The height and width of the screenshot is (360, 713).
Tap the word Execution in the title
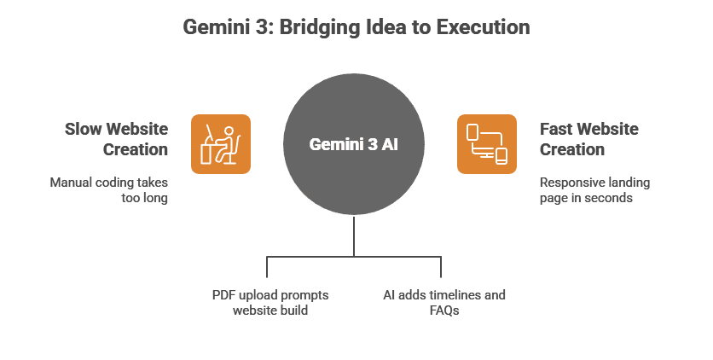click(x=483, y=27)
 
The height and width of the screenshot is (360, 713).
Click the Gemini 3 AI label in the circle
click(x=354, y=145)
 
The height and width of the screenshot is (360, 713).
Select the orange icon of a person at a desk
click(x=220, y=144)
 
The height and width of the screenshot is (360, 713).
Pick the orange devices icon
click(x=487, y=144)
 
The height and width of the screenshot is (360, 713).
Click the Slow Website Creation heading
click(x=117, y=139)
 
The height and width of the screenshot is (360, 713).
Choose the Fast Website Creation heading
click(x=589, y=139)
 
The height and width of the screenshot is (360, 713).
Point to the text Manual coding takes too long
click(x=109, y=190)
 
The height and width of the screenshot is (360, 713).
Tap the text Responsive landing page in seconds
click(x=594, y=190)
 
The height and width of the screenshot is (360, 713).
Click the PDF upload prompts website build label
click(x=270, y=302)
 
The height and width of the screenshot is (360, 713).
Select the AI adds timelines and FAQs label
click(x=443, y=302)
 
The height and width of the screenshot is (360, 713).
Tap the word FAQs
click(x=443, y=311)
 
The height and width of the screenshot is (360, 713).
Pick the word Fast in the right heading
click(x=557, y=129)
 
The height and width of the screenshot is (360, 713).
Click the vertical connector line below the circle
click(x=354, y=235)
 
